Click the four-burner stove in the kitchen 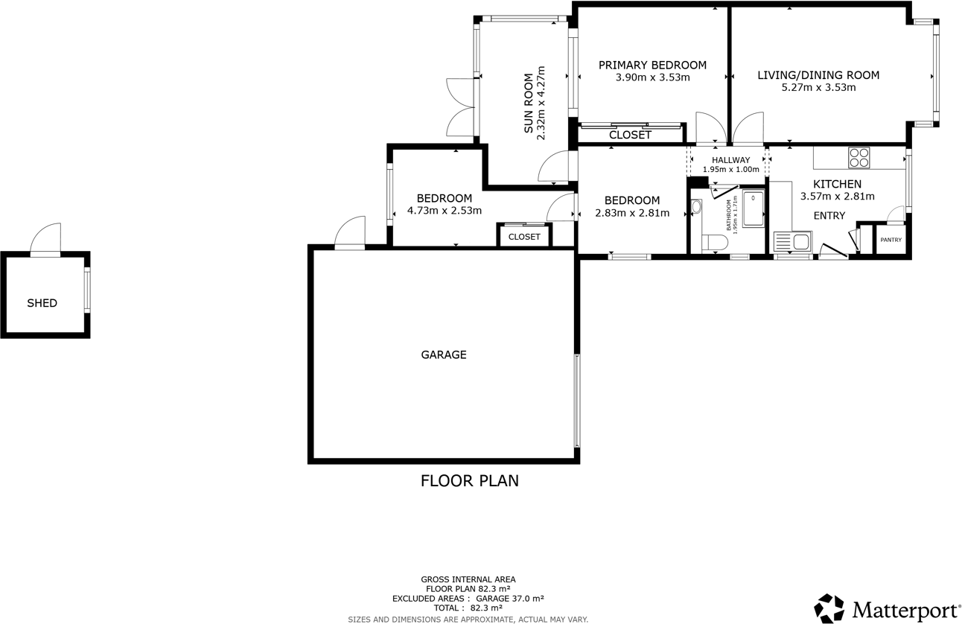tap(859, 157)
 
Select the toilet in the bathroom tap(715, 243)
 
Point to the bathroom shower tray tap(753, 208)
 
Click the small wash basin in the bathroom tap(696, 208)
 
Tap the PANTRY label tap(891, 240)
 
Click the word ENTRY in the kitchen tap(829, 216)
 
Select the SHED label tap(42, 303)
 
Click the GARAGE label tap(444, 354)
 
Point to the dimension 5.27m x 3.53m tap(818, 87)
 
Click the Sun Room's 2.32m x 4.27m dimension tap(541, 104)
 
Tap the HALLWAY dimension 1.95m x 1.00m tap(730, 170)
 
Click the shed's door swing tap(46, 238)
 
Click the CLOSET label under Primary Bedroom tap(630, 135)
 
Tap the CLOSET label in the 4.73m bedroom tap(524, 237)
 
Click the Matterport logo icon tap(829, 608)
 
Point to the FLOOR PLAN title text tap(469, 481)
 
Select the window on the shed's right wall tap(87, 290)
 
